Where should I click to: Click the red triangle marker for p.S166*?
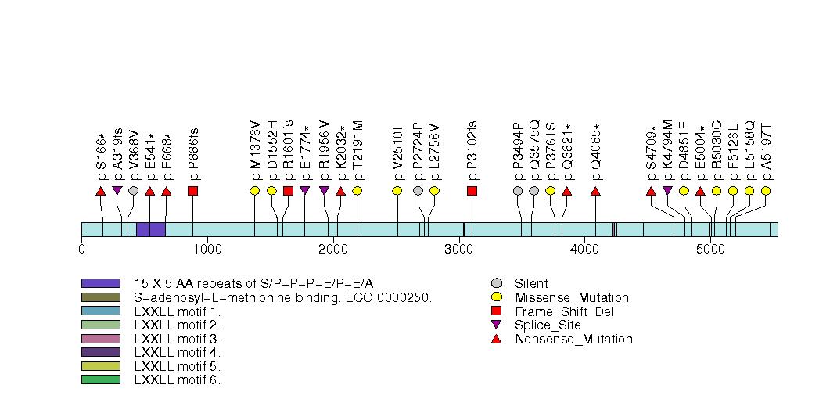tap(100, 191)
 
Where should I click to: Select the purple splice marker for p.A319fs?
tap(117, 190)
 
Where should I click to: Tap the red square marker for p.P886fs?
tap(192, 191)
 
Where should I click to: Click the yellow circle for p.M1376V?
tap(254, 191)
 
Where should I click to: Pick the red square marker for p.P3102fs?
tap(472, 191)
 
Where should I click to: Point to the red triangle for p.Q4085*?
tap(595, 191)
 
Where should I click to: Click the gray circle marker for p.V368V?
tap(134, 191)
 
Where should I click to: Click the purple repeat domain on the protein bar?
tap(150, 229)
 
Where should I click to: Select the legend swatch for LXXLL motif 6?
tap(100, 380)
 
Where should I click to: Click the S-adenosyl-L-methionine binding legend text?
tap(282, 297)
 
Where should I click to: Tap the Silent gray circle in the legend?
tap(496, 283)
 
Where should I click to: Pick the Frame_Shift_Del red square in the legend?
tap(496, 311)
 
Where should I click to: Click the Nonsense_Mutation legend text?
tap(573, 340)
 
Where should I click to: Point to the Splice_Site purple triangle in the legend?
tap(496, 325)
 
